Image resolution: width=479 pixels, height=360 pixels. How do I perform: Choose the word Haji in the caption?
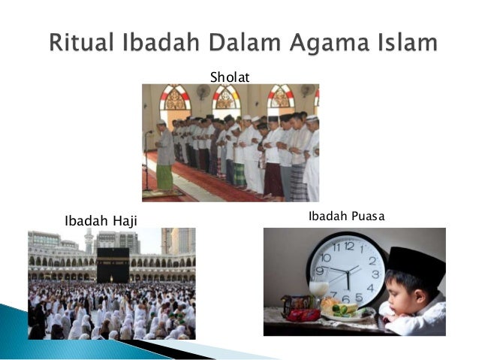(x=125, y=221)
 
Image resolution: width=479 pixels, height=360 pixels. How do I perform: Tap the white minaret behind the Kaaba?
(x=89, y=241)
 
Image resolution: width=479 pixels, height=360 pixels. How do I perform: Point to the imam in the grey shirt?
(x=164, y=144)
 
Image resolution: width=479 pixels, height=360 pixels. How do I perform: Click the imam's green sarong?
(x=164, y=177)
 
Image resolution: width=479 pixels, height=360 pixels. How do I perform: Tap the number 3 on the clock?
(x=375, y=275)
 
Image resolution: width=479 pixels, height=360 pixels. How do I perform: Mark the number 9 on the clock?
(x=321, y=271)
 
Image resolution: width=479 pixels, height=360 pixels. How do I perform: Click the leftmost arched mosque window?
(x=176, y=100)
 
